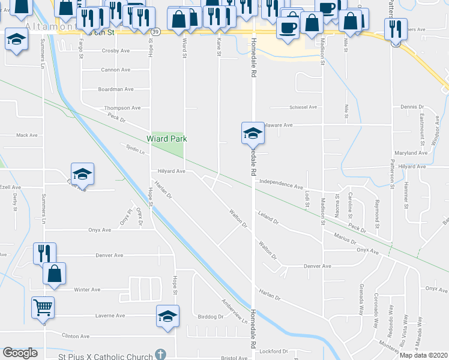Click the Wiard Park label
point(167,139)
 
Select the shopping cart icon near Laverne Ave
point(43,307)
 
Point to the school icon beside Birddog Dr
point(167,317)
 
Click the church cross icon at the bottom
point(159,355)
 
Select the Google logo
point(20,353)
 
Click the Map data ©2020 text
point(424,355)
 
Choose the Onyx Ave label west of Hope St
point(100,230)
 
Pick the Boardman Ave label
point(115,89)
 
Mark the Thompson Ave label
point(122,108)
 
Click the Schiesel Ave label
point(303,107)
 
